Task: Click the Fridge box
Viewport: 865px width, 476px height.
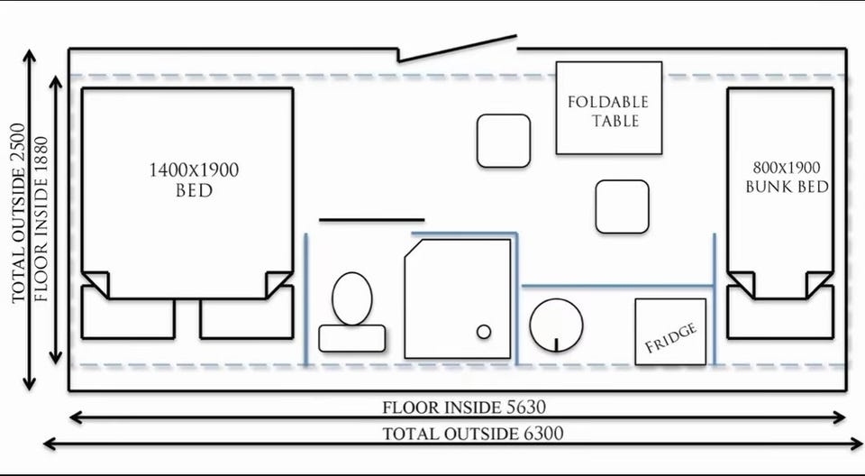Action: (670, 332)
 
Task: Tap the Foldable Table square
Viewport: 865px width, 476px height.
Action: (609, 107)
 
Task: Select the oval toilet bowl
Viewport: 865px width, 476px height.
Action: (352, 298)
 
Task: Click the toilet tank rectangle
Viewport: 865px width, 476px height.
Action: (352, 338)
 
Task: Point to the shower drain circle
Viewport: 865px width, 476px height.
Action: (484, 332)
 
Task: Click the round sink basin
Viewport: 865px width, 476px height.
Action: (556, 325)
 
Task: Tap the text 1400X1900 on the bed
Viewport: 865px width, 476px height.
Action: (195, 170)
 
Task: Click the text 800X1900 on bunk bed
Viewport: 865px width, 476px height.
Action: (787, 168)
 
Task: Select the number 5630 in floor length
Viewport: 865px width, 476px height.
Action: (525, 407)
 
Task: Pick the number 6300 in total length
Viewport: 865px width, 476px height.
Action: (542, 434)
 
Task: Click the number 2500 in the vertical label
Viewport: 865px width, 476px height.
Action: (19, 148)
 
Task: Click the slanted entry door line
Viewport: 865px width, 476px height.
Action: (458, 49)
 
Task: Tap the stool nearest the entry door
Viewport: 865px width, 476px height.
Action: (504, 141)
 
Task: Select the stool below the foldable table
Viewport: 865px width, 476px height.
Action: (623, 206)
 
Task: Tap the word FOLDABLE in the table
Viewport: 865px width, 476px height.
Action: (608, 102)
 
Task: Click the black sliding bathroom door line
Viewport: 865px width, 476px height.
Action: (372, 220)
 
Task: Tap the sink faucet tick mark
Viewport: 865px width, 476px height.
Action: (556, 344)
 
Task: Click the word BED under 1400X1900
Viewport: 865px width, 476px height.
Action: (195, 191)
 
